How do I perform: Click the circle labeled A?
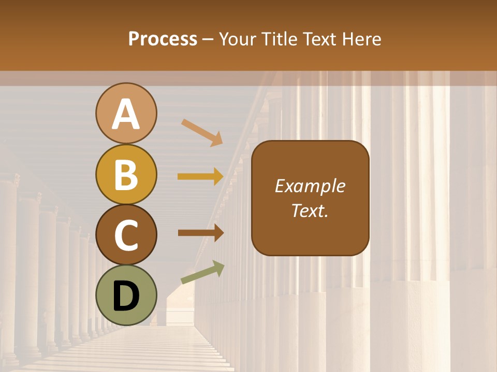pyautogui.click(x=126, y=113)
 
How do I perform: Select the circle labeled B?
pyautogui.click(x=126, y=174)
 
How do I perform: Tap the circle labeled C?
pyautogui.click(x=126, y=235)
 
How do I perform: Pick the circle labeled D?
pyautogui.click(x=126, y=296)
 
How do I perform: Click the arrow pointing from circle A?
pyautogui.click(x=201, y=132)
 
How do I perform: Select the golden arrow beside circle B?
pyautogui.click(x=200, y=177)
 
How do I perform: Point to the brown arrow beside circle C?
pyautogui.click(x=200, y=233)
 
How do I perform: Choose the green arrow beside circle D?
pyautogui.click(x=202, y=273)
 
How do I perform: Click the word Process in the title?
pyautogui.click(x=163, y=39)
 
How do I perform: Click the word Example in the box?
pyautogui.click(x=310, y=186)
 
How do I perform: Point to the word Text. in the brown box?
pyautogui.click(x=310, y=210)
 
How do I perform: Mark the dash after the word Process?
pyautogui.click(x=209, y=40)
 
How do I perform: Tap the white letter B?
pyautogui.click(x=126, y=174)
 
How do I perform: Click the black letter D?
pyautogui.click(x=126, y=296)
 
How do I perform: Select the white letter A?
pyautogui.click(x=126, y=114)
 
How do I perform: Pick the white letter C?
pyautogui.click(x=126, y=235)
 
